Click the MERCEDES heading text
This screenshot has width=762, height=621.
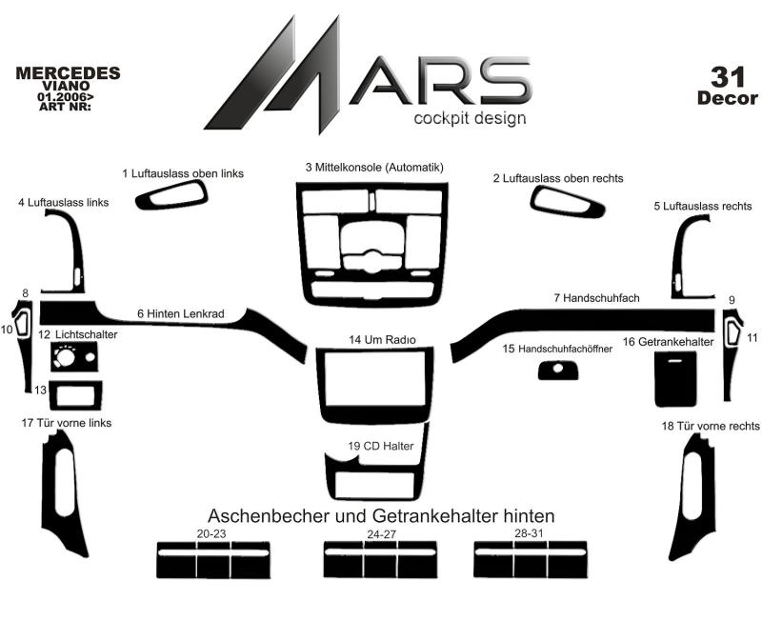68,73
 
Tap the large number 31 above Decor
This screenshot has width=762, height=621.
728,77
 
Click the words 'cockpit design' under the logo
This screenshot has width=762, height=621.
470,118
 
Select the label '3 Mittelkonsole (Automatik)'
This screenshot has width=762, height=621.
374,168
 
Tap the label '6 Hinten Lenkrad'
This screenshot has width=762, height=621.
181,314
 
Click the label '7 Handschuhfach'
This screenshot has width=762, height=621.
597,298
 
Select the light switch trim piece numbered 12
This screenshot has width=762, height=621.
74,356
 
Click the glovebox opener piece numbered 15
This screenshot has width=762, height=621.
558,371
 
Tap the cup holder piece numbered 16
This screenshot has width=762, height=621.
675,379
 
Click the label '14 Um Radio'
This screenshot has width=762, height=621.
382,340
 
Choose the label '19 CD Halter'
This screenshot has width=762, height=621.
380,446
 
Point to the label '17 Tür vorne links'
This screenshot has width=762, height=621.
67,423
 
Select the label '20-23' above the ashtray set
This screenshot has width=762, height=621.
211,533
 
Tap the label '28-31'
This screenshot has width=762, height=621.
529,533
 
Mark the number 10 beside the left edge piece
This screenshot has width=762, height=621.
7,330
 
